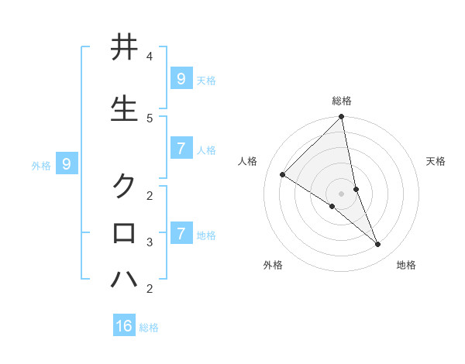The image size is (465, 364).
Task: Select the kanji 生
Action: [124, 110]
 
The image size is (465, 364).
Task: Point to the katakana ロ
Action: [124, 232]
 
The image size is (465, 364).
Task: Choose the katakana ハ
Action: [124, 279]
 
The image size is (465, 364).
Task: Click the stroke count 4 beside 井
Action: [150, 57]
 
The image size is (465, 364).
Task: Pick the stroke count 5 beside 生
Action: [150, 118]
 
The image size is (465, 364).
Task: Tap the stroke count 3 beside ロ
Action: [150, 242]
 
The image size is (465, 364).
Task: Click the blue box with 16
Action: [124, 326]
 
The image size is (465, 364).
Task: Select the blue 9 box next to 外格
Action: [67, 164]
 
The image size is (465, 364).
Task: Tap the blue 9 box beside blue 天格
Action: [181, 78]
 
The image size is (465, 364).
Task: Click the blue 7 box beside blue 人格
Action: [181, 149]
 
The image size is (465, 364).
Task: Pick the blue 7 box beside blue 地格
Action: [181, 233]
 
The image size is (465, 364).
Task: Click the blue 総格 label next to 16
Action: [149, 328]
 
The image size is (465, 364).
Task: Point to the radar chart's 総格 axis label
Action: [342, 101]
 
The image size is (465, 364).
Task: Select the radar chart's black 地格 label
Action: [406, 266]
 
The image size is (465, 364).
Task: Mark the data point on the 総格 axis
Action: [342, 117]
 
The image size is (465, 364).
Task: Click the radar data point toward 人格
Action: [283, 175]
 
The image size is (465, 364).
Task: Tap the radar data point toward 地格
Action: [378, 244]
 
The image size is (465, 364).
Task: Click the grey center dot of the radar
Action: [342, 194]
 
